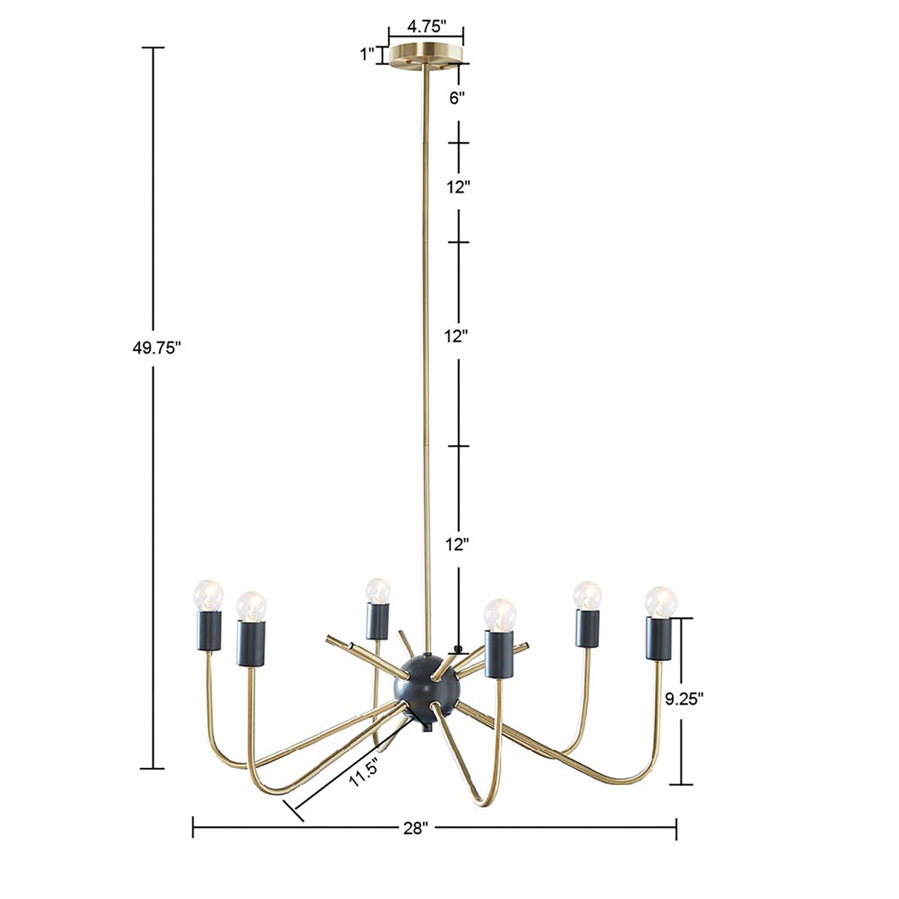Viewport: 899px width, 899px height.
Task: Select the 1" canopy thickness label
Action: [368, 55]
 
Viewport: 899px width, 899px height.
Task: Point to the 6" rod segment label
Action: [458, 98]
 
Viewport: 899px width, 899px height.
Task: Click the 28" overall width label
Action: [415, 828]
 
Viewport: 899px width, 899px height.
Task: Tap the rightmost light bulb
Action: [660, 601]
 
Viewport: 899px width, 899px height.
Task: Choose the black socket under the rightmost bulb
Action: [659, 638]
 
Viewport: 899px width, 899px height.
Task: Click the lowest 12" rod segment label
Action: [458, 544]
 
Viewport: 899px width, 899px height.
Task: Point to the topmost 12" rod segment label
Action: [458, 186]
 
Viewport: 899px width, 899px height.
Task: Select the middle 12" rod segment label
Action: [458, 336]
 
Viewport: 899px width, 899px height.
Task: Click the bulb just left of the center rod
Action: [377, 590]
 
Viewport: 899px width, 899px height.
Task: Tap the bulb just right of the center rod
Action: [500, 613]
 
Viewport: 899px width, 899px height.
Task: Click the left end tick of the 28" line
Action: [193, 828]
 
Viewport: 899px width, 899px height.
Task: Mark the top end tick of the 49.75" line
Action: [153, 48]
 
